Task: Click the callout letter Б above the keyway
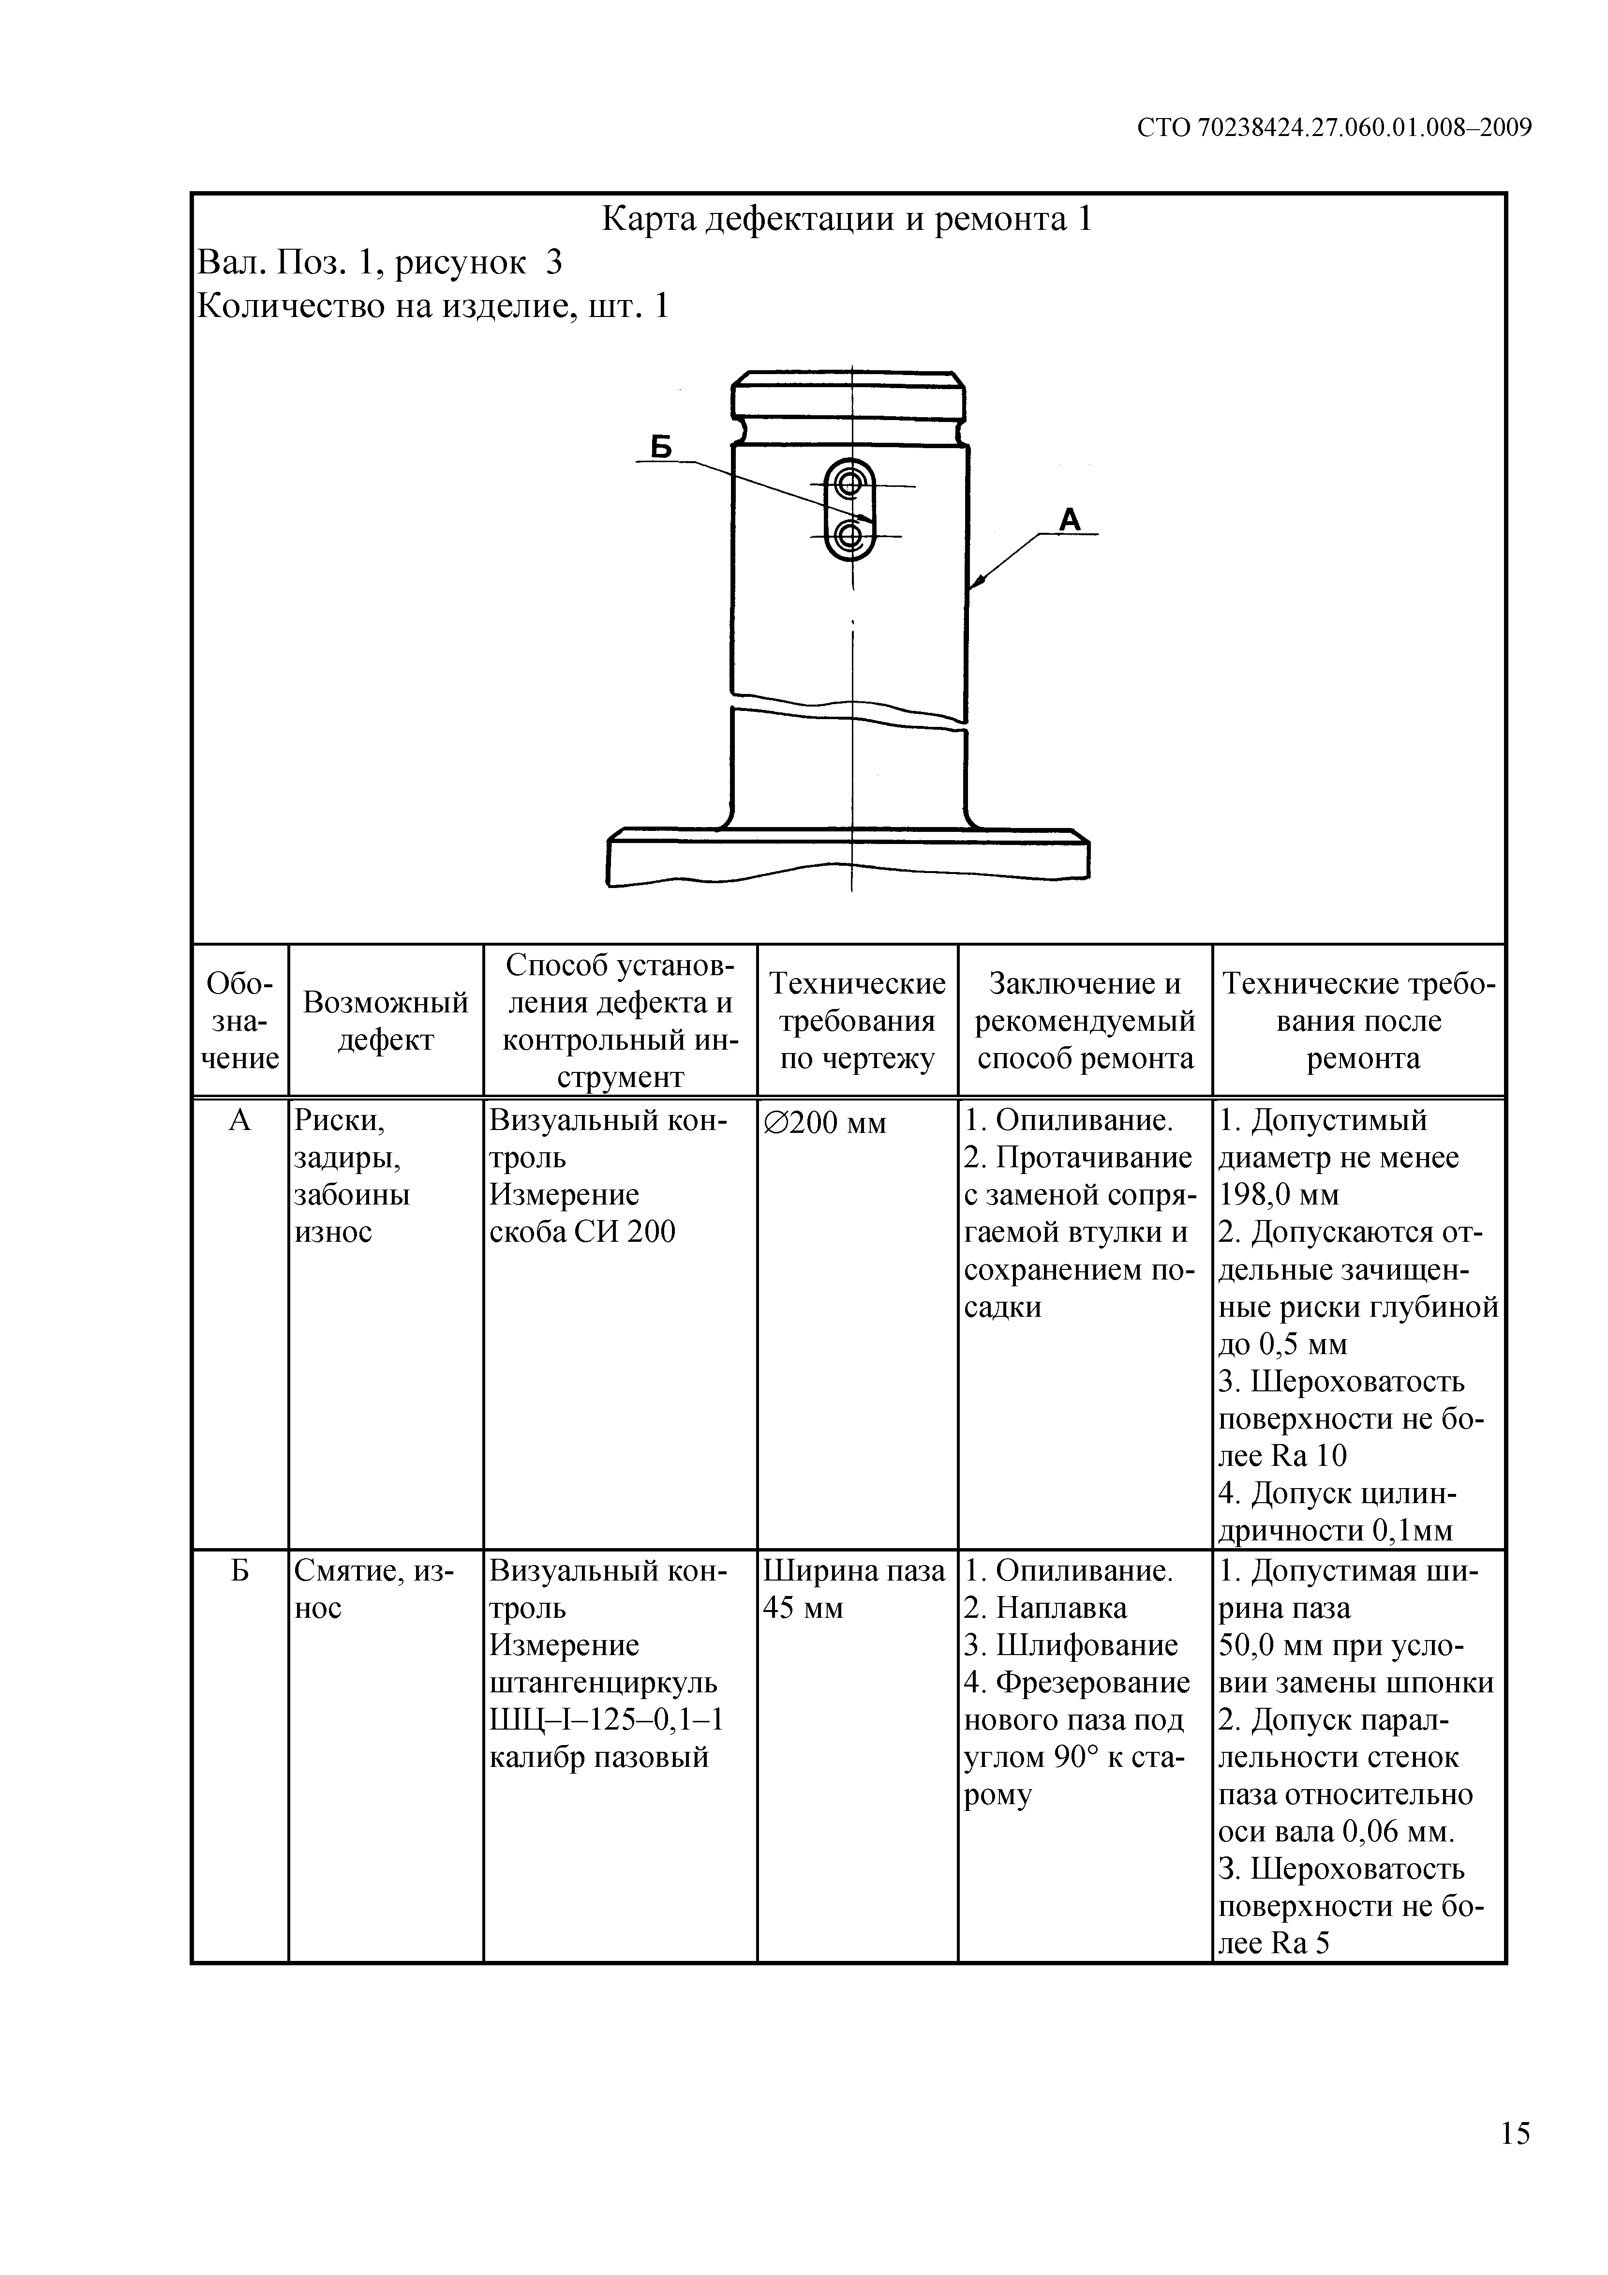click(661, 448)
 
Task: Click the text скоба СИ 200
click(582, 1232)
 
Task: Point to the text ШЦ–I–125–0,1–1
click(606, 1720)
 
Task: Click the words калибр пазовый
click(599, 1758)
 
